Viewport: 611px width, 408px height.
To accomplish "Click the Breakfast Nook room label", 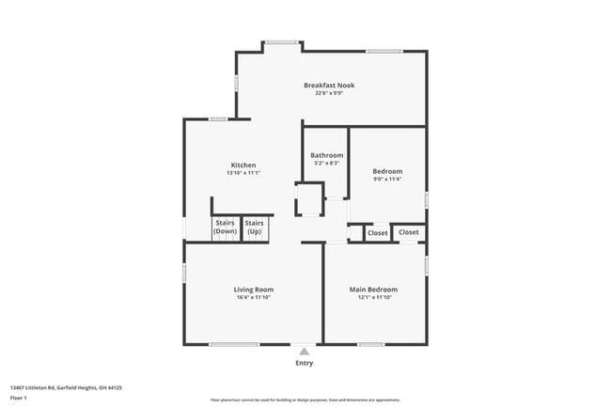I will point(329,86).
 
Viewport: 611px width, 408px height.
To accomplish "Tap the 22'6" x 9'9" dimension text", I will point(329,94).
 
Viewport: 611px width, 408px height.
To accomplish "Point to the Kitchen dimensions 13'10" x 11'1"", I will point(243,173).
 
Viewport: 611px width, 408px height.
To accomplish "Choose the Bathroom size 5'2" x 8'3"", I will point(326,164).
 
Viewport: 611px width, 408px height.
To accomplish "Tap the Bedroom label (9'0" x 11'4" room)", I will point(387,170).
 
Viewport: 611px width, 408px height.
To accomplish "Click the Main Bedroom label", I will point(373,289).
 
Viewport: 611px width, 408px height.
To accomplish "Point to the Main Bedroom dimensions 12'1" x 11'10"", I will point(373,297).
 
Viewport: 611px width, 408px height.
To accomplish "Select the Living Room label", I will point(254,289).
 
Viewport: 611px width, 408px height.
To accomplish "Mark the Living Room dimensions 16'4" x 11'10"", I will point(254,297).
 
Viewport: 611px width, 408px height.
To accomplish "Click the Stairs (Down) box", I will point(226,227).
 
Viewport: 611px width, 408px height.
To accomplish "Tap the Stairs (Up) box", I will point(255,227).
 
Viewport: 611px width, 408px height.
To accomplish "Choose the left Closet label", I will point(377,232).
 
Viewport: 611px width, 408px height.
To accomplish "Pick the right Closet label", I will point(409,231).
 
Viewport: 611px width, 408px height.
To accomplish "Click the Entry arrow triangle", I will point(304,351).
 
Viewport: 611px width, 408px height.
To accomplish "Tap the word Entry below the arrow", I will point(305,363).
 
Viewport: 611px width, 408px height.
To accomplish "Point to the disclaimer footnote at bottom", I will point(305,400).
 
